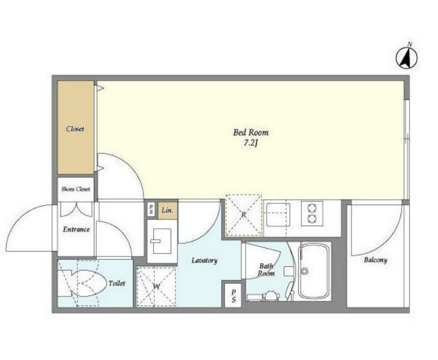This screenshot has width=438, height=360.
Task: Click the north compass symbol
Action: (407, 58)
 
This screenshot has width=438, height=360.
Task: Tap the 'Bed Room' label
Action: (250, 133)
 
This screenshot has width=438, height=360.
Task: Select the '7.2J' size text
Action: (250, 143)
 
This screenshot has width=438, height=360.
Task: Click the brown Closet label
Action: (75, 129)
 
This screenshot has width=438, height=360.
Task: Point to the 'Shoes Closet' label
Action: (76, 189)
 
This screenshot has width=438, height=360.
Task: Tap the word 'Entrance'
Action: (76, 229)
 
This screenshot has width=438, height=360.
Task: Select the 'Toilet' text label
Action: (117, 284)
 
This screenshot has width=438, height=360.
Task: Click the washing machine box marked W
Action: (156, 287)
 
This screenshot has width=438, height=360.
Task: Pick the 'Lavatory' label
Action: (204, 261)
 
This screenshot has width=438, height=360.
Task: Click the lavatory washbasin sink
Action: (162, 241)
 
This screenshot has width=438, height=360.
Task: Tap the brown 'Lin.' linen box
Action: (168, 211)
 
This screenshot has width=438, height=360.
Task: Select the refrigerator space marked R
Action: (244, 215)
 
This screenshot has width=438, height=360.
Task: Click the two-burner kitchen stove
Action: (312, 214)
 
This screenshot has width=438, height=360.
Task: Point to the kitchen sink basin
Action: (278, 215)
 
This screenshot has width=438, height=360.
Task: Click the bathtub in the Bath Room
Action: (313, 271)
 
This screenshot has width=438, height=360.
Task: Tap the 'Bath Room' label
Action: (266, 269)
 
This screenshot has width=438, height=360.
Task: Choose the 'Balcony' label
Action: (376, 260)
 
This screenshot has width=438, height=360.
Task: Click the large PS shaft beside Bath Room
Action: (234, 296)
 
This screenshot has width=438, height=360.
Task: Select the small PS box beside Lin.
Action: (151, 209)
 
